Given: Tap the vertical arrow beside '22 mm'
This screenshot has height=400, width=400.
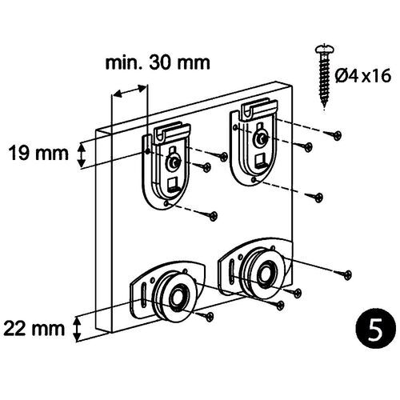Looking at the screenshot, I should click(x=78, y=327).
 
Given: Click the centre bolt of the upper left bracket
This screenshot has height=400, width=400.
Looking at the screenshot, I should click(x=174, y=163).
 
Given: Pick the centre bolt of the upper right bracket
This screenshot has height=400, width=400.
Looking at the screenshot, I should click(x=261, y=140).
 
